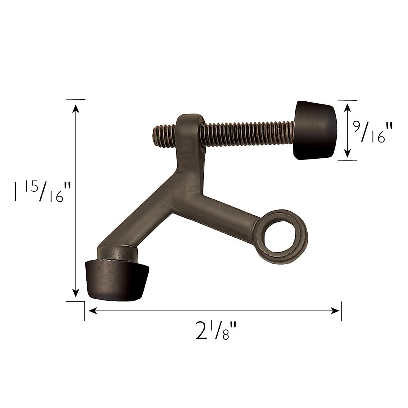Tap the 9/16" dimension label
373,133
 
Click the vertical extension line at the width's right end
341,311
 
